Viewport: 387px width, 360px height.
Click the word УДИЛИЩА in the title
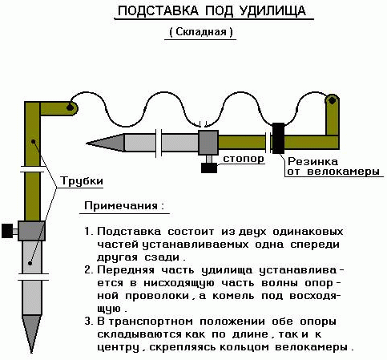click(272, 11)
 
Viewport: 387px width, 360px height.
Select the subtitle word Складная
click(201, 32)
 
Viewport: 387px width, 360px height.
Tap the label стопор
click(244, 159)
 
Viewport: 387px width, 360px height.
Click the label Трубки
click(82, 181)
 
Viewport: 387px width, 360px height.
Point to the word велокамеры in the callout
click(344, 171)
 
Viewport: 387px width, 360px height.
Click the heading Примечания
click(121, 206)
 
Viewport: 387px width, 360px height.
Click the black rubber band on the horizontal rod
click(278, 138)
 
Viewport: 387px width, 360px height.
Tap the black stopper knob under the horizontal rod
click(209, 168)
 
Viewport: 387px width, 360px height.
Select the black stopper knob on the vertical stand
click(7, 231)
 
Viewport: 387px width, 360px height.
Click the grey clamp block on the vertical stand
click(31, 231)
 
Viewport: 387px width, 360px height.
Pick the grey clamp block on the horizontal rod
click(208, 143)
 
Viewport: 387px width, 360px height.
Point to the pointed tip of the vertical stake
click(32, 353)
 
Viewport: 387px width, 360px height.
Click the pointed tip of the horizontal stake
click(87, 144)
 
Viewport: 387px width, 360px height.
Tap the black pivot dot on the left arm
click(70, 107)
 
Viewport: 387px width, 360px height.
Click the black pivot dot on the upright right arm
click(332, 101)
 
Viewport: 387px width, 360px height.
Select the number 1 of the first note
click(87, 232)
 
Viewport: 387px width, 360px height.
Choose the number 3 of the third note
click(88, 321)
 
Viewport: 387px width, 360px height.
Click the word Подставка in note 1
click(129, 232)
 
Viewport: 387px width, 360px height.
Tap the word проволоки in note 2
click(157, 296)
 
